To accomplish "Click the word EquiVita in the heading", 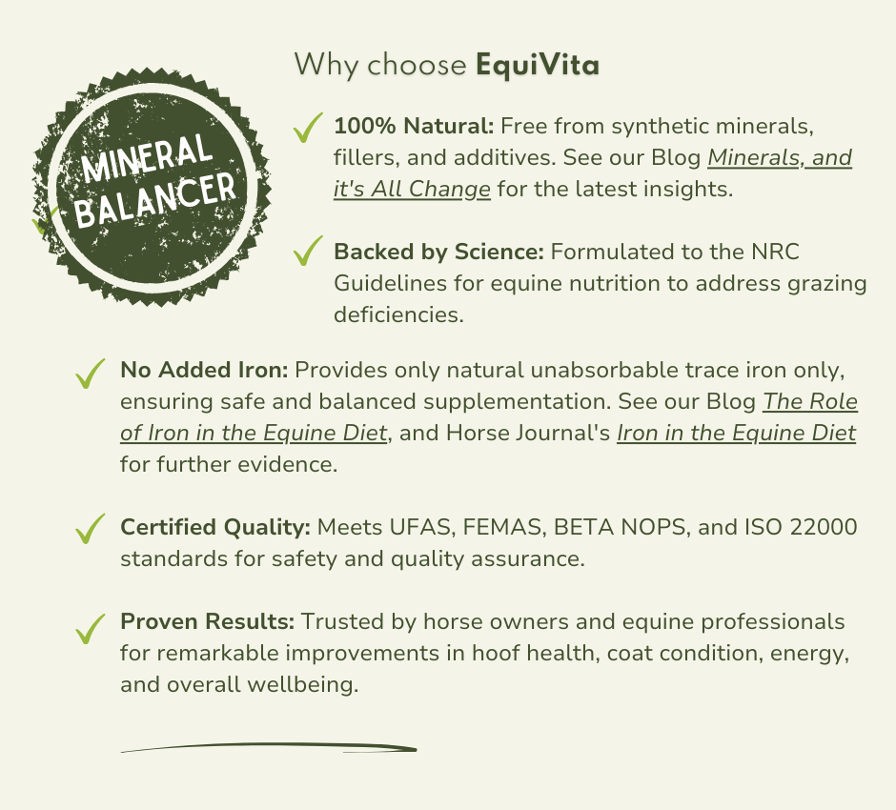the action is [538, 65].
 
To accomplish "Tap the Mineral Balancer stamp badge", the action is [152, 186].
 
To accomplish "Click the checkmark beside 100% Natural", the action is [308, 128].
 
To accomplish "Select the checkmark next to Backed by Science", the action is [308, 251].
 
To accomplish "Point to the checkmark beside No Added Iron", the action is [91, 374].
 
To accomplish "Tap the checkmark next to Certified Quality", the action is [91, 528].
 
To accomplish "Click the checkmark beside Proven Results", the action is [91, 628].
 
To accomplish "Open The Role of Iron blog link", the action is [809, 402].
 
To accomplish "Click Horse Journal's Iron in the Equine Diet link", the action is [736, 434].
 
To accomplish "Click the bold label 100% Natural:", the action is [414, 126].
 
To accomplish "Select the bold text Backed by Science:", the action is [438, 252].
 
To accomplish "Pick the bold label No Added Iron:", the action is [204, 370].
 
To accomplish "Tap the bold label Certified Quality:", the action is [215, 527].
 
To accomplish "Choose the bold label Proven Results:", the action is [208, 621].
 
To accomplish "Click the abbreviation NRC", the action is [775, 252].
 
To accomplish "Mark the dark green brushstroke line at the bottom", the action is [269, 747].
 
